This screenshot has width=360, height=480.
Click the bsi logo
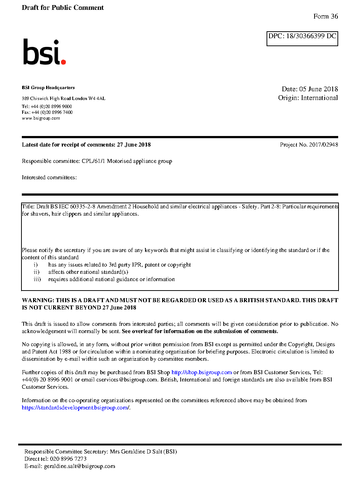[44, 52]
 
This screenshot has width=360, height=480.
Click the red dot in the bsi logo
[64, 62]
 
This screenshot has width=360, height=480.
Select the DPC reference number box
[302, 39]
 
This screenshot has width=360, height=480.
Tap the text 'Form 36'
[325, 16]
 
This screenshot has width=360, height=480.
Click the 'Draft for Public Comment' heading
[63, 8]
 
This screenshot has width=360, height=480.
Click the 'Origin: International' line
[308, 98]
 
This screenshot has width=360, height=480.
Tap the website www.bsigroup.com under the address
[41, 118]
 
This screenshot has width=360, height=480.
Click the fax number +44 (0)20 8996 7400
[52, 112]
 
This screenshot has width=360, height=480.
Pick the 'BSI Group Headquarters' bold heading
[48, 88]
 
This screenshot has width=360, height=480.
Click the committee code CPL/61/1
[93, 161]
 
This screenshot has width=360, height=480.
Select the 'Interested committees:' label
[49, 177]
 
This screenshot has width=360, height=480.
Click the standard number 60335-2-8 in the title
[83, 207]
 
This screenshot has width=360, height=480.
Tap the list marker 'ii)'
[36, 272]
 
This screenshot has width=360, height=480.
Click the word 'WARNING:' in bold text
[38, 300]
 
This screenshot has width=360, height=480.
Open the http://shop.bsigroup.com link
[201, 372]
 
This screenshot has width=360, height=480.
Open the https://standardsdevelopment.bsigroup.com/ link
[75, 408]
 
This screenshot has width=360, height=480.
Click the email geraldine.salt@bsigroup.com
[79, 466]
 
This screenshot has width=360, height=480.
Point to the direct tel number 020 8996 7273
[68, 459]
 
